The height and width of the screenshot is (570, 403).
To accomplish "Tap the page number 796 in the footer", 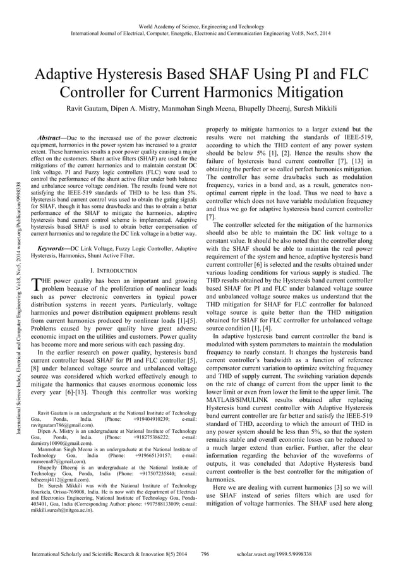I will point(204,553).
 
